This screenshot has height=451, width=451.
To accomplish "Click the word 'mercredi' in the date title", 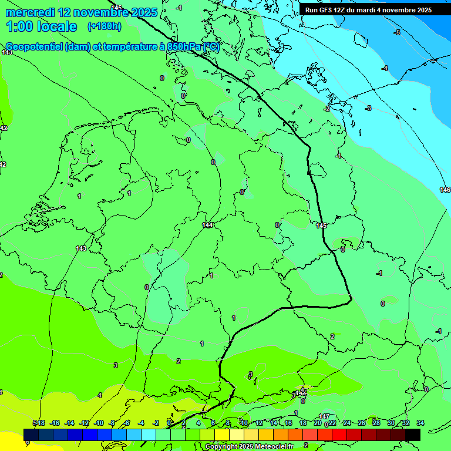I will tap(30, 12).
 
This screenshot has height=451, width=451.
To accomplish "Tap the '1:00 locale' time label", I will tap(41, 26).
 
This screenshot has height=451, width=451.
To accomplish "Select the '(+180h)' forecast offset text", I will tap(104, 26).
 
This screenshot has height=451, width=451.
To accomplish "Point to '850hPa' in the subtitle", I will tap(182, 47).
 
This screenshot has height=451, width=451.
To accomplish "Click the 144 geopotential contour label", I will tap(207, 225).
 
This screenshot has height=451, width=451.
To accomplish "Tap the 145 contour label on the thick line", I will tap(321, 225).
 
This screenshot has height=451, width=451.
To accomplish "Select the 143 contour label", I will tap(81, 248).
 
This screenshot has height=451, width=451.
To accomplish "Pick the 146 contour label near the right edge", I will tap(445, 189).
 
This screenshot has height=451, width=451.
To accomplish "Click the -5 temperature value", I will tap(397, 32).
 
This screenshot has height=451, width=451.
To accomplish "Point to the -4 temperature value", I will tap(385, 69).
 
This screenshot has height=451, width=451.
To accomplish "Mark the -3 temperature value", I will tap(368, 108).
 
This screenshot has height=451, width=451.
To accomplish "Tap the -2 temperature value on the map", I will tap(327, 108).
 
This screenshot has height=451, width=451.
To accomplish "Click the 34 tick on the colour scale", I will tap(420, 423).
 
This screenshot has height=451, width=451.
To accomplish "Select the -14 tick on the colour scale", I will tap(69, 423).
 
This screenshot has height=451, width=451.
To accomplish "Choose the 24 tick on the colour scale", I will tap(346, 423).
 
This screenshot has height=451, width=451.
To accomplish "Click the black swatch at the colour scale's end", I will tap(413, 435).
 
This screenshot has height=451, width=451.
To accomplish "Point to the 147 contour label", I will tap(324, 416).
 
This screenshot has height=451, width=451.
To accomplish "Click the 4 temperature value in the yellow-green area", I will tap(100, 395).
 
